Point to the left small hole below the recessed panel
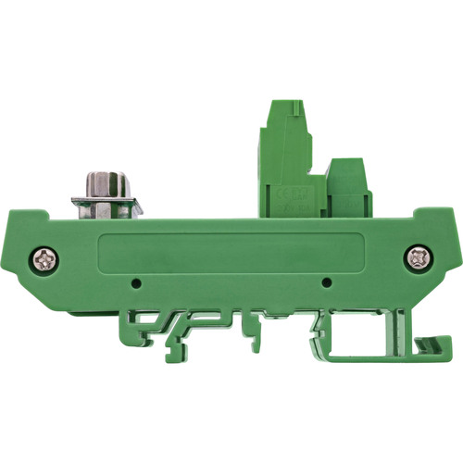(x=136, y=281)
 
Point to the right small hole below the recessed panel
(x=325, y=281)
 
